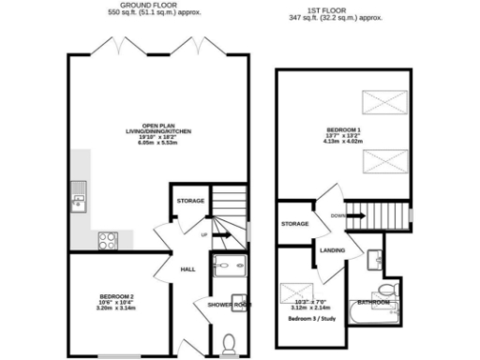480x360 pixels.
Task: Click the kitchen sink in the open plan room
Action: [76, 196]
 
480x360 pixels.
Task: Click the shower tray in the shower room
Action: [228, 268]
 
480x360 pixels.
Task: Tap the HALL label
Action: [187, 269]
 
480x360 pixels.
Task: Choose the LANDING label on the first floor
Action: [334, 250]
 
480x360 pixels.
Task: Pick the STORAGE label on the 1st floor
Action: [295, 224]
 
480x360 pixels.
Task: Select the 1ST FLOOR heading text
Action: [336, 8]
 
